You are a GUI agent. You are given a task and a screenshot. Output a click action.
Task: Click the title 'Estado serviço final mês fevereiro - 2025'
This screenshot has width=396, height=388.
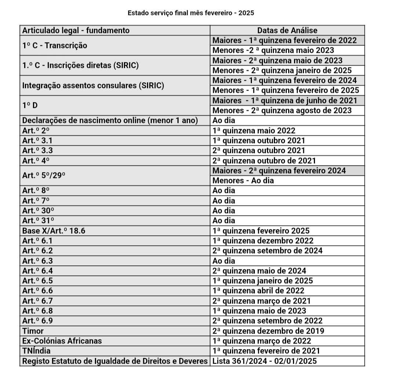tap(191, 13)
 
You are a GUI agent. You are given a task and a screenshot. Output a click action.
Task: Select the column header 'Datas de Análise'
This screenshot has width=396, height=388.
tap(287, 30)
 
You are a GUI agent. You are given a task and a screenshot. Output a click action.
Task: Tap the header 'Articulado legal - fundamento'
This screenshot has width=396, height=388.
tap(76, 30)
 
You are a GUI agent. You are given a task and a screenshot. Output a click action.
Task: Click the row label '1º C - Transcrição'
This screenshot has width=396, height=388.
tap(55, 46)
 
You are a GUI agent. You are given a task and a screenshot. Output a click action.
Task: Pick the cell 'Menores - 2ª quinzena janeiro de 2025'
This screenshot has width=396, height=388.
tap(282, 70)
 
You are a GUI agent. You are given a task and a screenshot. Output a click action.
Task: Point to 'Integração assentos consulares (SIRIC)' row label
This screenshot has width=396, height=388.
tap(93, 86)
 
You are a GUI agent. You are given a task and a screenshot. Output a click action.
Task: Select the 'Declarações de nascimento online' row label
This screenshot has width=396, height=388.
tap(110, 120)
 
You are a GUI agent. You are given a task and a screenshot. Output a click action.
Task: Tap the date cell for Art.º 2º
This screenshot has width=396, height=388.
tap(254, 131)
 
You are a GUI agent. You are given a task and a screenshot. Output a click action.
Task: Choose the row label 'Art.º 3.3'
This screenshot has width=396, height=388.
tap(35, 151)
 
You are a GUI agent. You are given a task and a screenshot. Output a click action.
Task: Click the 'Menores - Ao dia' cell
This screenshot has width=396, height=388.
tap(243, 181)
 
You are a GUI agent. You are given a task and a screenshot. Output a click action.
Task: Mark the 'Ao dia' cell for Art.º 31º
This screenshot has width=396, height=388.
tap(224, 221)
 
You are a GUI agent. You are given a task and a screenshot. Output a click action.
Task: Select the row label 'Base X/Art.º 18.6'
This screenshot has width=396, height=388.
tap(54, 231)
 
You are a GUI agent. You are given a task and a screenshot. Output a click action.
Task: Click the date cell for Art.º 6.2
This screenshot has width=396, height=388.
tap(268, 251)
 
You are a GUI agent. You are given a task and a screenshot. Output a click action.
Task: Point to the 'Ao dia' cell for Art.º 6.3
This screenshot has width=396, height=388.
tap(224, 261)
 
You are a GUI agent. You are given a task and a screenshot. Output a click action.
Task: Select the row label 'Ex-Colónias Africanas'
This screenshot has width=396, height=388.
tap(62, 341)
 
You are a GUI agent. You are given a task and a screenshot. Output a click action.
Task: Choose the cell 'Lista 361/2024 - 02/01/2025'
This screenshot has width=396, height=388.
tap(265, 361)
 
